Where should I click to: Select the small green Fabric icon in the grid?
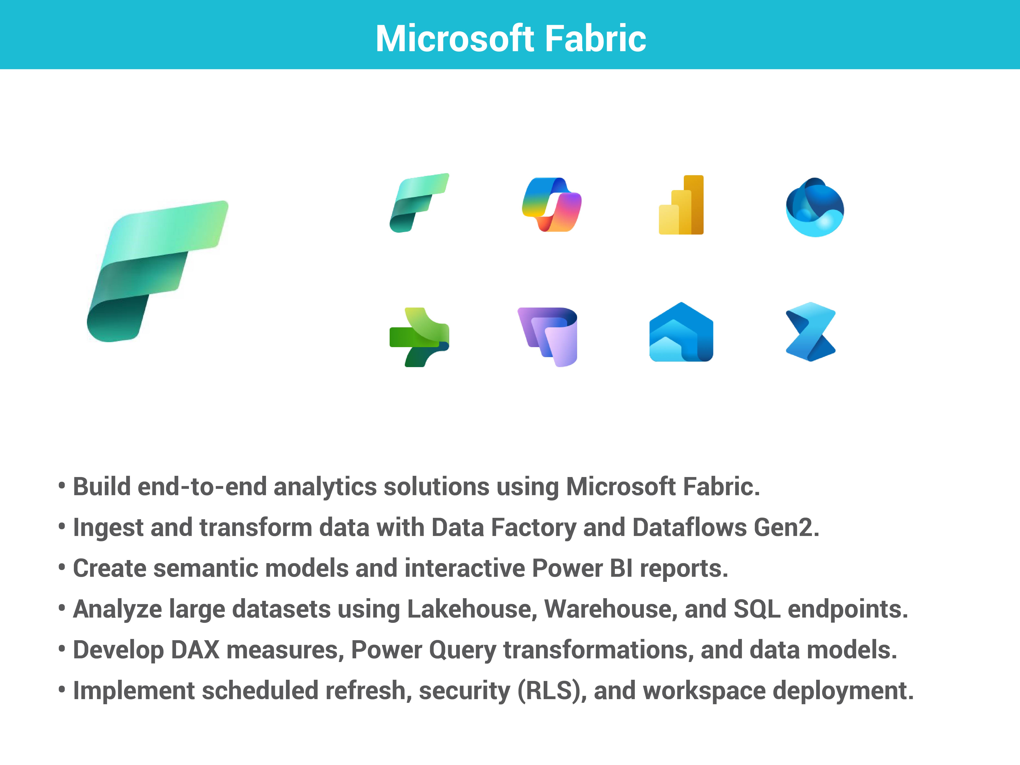click(x=419, y=203)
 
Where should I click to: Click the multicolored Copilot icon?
click(x=551, y=204)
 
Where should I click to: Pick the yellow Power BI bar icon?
click(x=681, y=205)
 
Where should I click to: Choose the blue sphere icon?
click(x=815, y=207)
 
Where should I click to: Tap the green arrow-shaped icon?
click(x=419, y=337)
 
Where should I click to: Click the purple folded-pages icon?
click(x=548, y=337)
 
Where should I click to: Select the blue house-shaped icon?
click(x=681, y=332)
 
